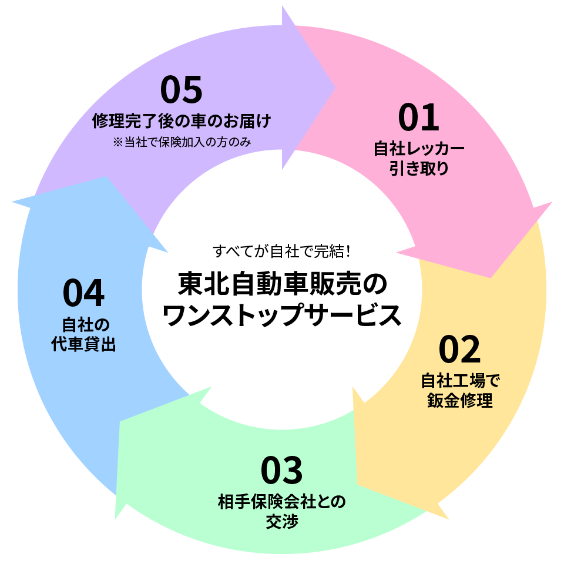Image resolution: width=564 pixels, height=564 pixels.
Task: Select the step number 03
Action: (281, 470)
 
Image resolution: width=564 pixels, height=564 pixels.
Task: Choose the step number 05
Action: (181, 89)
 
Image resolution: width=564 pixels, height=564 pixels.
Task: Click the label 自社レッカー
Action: (419, 149)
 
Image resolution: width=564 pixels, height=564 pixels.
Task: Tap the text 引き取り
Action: (419, 169)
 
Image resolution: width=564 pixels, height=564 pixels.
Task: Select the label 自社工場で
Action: (459, 381)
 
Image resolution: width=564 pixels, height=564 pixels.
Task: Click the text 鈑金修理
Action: (459, 401)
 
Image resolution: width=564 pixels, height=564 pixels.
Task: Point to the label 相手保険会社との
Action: (281, 502)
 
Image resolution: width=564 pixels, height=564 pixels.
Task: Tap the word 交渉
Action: (281, 521)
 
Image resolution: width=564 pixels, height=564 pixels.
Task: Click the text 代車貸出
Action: (83, 344)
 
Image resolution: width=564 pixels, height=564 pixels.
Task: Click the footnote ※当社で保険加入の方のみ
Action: (182, 142)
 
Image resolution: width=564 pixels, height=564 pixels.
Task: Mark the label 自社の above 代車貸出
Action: (83, 325)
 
